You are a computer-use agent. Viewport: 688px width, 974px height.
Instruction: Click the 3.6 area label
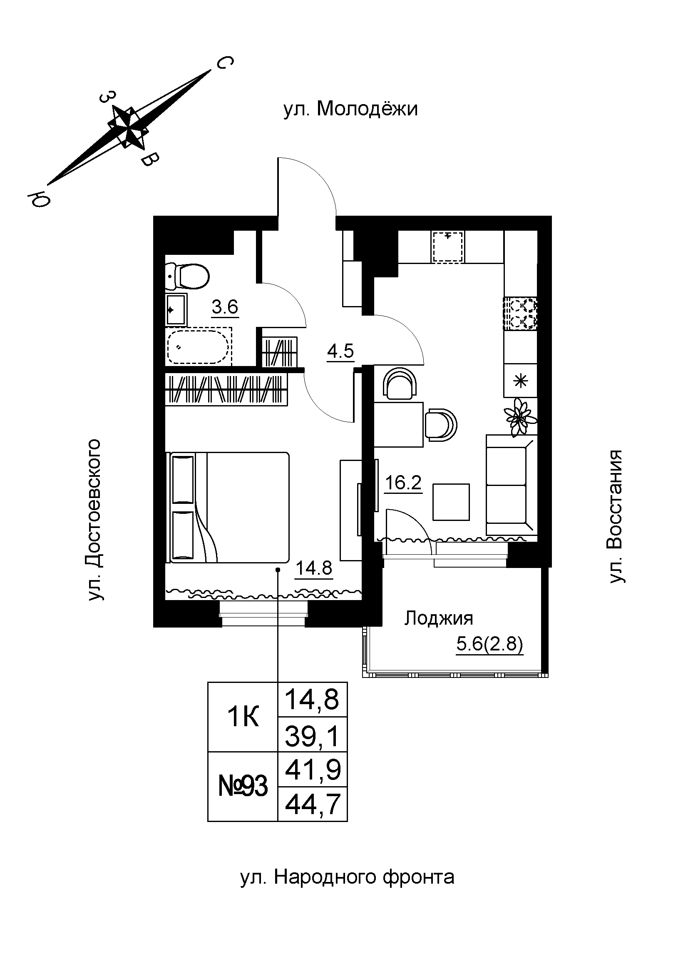pos(225,306)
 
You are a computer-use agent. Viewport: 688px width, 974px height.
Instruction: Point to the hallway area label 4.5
pos(340,351)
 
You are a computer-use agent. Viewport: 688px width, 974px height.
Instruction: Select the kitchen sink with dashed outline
pos(447,247)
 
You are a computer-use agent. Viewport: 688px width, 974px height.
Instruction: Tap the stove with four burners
pos(520,314)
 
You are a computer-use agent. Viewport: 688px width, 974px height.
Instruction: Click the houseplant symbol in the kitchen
pos(519,416)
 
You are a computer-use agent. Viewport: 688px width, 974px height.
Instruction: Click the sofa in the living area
pos(511,485)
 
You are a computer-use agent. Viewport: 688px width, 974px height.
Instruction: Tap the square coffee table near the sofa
pos(451,502)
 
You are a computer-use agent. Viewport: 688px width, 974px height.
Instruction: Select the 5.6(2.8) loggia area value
pos(489,644)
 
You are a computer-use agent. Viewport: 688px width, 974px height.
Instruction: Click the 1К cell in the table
pos(243,717)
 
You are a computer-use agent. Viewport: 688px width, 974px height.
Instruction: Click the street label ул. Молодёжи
pos(350,109)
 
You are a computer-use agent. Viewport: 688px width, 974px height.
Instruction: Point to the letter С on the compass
pos(224,63)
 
